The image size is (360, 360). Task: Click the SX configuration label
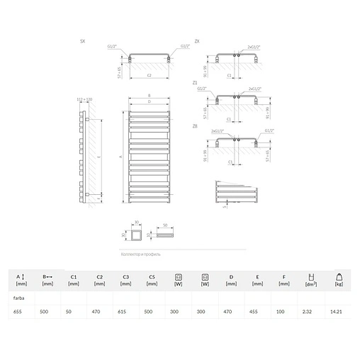click(84, 43)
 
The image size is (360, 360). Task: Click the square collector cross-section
click(130, 234)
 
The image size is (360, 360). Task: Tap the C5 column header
click(152, 276)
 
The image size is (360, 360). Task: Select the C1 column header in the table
click(74, 276)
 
